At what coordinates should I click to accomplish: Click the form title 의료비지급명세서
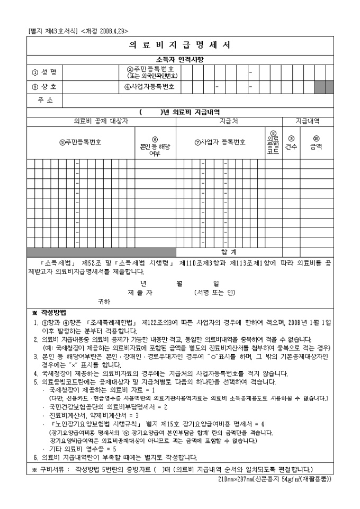click(x=179, y=45)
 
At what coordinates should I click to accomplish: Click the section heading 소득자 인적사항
click(x=179, y=59)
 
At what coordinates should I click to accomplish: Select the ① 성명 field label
click(x=44, y=71)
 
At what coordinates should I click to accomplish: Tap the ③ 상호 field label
click(x=44, y=86)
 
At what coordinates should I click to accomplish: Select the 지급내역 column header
click(x=307, y=121)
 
